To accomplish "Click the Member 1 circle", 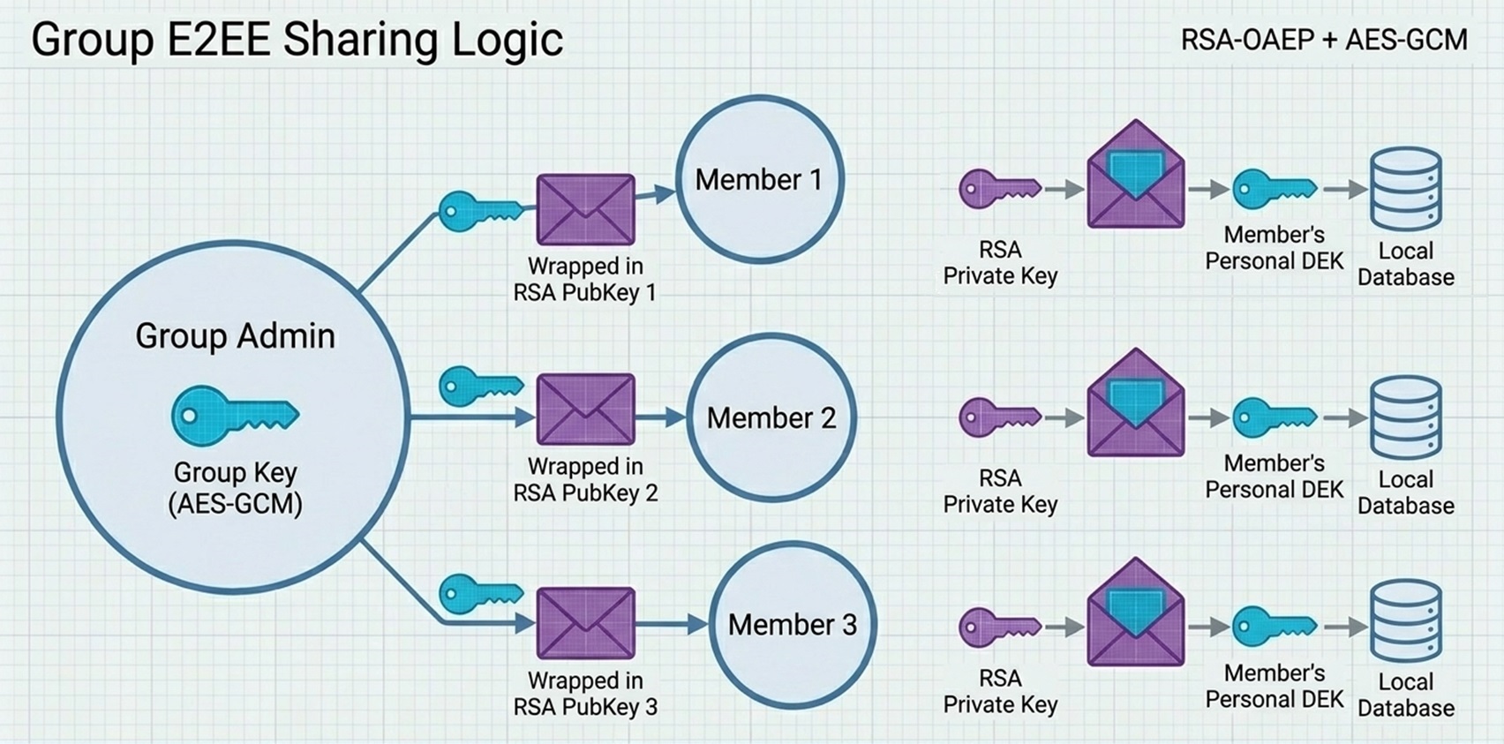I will [x=760, y=179].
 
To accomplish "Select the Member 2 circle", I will [x=771, y=417].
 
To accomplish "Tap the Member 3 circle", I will [x=793, y=625].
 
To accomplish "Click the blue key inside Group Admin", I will [x=235, y=415].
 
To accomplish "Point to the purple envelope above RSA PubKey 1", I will [x=586, y=209].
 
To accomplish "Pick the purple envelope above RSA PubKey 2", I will [x=586, y=410].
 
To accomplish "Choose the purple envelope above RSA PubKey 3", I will [x=586, y=623].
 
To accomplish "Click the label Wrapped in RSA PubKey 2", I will [x=586, y=479].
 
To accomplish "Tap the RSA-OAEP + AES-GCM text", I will [x=1324, y=40].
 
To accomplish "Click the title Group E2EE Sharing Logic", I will [x=297, y=40].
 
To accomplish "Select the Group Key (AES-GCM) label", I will [x=235, y=487].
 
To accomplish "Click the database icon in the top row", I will [x=1405, y=189].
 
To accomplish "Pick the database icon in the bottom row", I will [x=1405, y=621].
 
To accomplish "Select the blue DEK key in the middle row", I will [x=1275, y=417].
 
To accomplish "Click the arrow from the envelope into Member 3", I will [x=673, y=625].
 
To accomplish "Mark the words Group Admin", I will [x=235, y=336].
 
